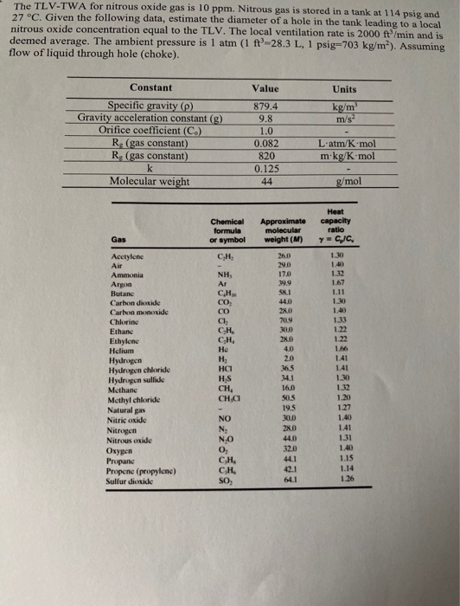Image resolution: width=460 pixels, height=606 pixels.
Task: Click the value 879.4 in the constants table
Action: coord(263,106)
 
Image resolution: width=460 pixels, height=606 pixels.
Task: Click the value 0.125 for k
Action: coord(263,168)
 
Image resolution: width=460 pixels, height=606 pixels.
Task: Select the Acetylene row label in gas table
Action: coord(125,259)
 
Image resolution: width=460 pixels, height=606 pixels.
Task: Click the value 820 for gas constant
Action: coord(263,156)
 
